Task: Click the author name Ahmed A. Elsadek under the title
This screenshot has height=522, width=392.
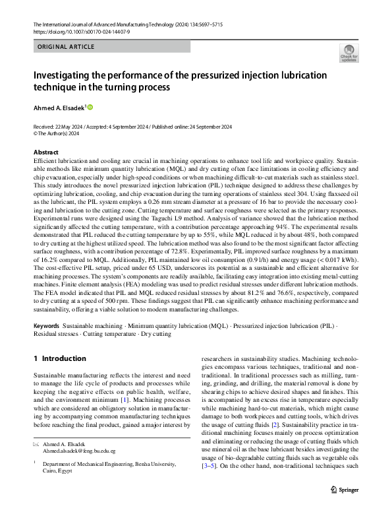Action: [x=58, y=107]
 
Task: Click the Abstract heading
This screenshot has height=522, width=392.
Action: [x=46, y=152]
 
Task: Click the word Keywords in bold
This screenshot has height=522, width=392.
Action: [x=47, y=327]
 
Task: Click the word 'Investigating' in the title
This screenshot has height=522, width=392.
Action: [x=70, y=74]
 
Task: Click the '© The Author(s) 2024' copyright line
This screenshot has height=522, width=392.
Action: [x=56, y=133]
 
